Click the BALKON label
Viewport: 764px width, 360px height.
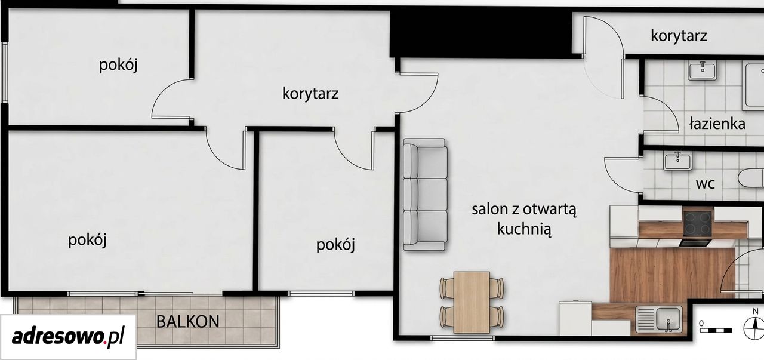pos(187,321)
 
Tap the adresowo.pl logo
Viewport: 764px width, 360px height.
pos(68,337)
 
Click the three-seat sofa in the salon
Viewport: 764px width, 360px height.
pos(425,195)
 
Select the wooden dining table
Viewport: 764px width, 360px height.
pos(472,302)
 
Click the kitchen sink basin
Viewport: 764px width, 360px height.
pos(668,319)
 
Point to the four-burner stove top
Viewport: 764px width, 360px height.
pos(698,223)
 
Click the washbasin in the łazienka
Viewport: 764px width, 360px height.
pos(703,70)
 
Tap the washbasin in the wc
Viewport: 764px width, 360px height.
pos(677,161)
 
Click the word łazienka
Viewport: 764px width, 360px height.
pos(717,123)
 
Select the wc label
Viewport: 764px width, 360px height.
pos(706,184)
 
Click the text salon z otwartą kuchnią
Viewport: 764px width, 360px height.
pos(524,219)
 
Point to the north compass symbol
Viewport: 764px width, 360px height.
pos(753,327)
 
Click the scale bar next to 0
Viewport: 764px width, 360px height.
pos(716,330)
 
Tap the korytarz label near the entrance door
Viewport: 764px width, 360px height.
pos(679,35)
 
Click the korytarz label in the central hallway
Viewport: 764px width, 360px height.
pos(310,94)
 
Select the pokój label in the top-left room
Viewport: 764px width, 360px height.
pos(118,65)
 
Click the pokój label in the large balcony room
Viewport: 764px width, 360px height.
pos(87,240)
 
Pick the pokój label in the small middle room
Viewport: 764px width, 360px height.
pos(335,245)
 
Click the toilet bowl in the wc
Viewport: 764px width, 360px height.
pos(751,177)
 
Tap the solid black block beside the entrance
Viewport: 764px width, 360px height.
pos(481,32)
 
